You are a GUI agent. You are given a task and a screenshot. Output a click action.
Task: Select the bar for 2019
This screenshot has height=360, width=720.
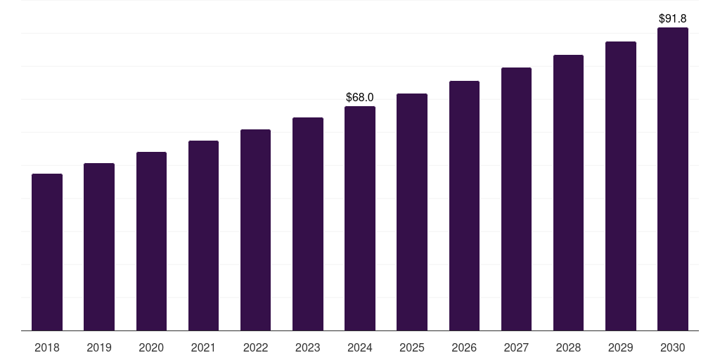tap(99, 247)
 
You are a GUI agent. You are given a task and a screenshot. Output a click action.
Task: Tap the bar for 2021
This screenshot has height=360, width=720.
tap(203, 236)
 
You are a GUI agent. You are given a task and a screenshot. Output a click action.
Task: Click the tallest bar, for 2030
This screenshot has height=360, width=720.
tap(673, 179)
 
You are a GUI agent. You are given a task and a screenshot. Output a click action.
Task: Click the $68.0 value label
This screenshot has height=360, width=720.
tap(360, 97)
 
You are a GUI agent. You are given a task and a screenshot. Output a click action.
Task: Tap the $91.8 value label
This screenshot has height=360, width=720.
tap(673, 19)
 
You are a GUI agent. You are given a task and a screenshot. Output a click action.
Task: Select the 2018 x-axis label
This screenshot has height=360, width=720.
tap(47, 347)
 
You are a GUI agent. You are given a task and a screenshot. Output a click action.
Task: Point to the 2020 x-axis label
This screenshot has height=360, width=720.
tap(151, 347)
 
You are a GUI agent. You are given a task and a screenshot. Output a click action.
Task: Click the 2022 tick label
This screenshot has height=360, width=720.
tap(255, 347)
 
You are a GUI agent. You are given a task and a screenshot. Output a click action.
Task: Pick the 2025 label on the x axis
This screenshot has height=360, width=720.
tap(412, 347)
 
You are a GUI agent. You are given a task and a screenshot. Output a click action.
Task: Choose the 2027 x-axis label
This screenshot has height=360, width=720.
tap(516, 347)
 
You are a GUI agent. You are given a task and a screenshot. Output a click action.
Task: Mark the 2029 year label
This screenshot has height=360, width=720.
tap(620, 347)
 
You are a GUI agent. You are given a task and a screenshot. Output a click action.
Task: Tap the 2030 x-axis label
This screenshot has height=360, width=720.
tap(673, 347)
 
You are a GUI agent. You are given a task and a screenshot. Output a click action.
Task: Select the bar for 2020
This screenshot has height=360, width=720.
tap(151, 241)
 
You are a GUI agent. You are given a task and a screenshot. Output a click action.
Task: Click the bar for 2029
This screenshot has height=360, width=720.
tap(620, 186)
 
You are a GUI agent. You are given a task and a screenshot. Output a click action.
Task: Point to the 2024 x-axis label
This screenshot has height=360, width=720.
tap(360, 347)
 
